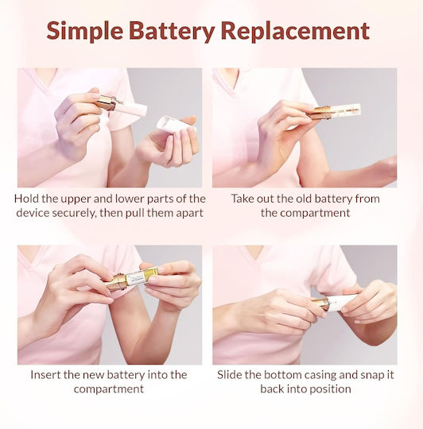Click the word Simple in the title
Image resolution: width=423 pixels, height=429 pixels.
[x=84, y=31]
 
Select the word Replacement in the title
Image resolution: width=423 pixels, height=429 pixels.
[x=296, y=31]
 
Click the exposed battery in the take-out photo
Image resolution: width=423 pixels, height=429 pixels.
[x=346, y=110]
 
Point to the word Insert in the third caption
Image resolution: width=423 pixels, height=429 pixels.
[x=45, y=374]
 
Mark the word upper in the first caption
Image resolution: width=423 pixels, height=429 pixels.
[x=76, y=199]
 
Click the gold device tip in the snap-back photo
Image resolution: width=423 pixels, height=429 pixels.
[x=320, y=303]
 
